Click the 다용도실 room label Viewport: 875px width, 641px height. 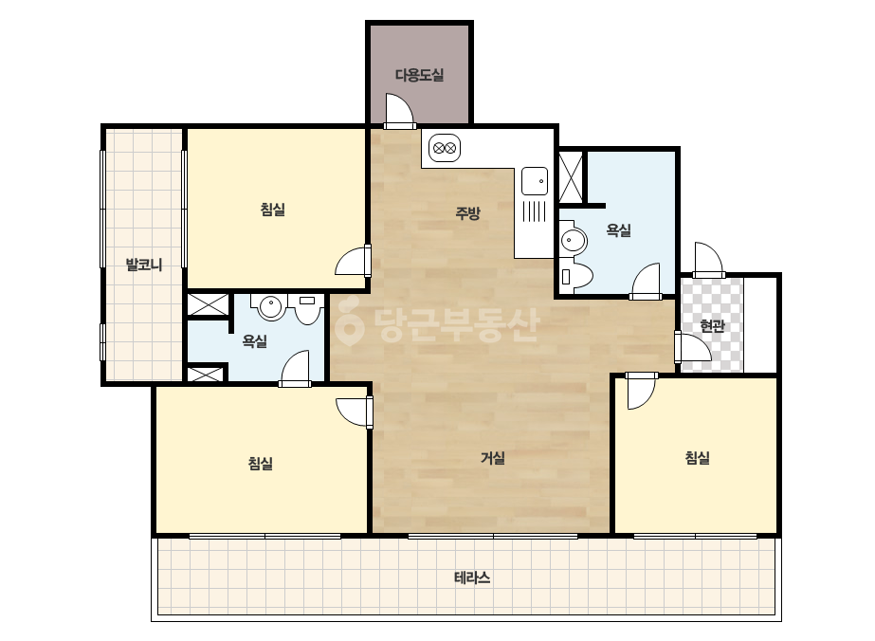(x=420, y=75)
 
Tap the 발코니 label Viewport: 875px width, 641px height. (x=144, y=265)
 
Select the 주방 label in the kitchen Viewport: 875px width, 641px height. (x=467, y=212)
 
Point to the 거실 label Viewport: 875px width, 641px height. (x=493, y=458)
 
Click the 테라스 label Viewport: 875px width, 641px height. (x=472, y=577)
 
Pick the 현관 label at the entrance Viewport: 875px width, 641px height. (x=712, y=325)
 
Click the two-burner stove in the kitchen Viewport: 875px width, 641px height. (x=445, y=149)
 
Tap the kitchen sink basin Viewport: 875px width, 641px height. (x=535, y=180)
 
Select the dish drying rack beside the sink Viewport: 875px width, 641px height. (x=535, y=211)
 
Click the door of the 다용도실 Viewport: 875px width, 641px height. (x=398, y=111)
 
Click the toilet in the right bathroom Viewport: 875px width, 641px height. (x=576, y=276)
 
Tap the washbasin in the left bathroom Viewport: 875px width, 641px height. (x=270, y=306)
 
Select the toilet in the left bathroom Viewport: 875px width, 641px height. (x=307, y=309)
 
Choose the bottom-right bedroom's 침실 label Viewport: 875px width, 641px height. (x=697, y=458)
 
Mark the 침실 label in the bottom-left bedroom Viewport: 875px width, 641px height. (x=260, y=464)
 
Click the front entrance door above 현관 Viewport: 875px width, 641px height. (x=709, y=260)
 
